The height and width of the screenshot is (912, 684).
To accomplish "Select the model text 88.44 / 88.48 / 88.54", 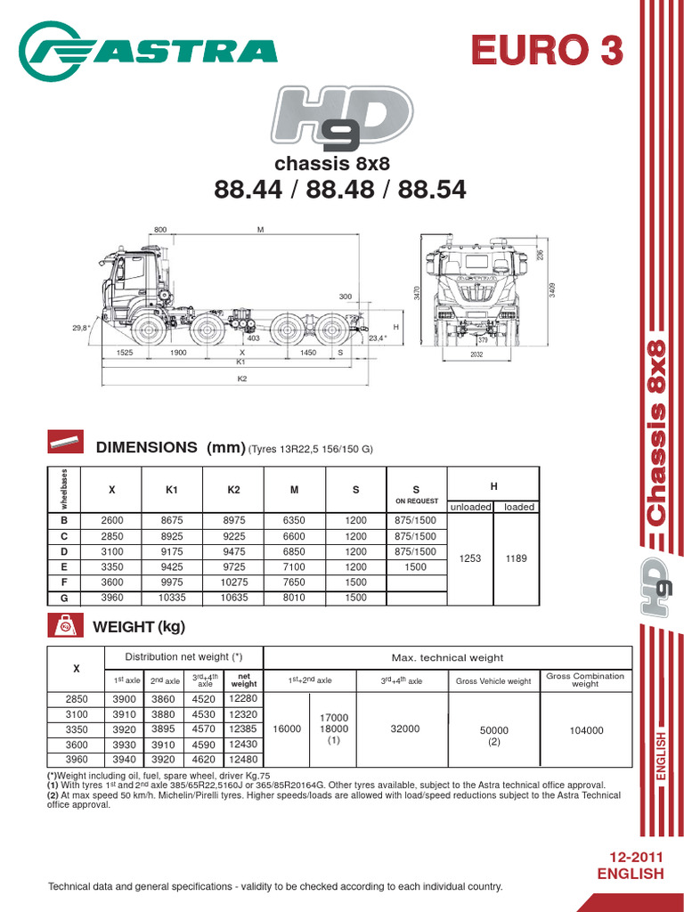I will pyautogui.click(x=339, y=190).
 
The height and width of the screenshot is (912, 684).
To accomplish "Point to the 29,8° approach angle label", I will pyautogui.click(x=81, y=328).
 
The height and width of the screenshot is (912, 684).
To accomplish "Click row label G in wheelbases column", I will pyautogui.click(x=63, y=598).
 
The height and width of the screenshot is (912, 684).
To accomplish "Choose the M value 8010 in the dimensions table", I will pyautogui.click(x=294, y=598).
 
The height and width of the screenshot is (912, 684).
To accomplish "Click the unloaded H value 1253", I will pyautogui.click(x=470, y=558).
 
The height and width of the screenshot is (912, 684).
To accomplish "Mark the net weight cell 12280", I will pyautogui.click(x=243, y=699).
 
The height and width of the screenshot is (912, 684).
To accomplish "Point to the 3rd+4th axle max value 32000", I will pyautogui.click(x=404, y=729).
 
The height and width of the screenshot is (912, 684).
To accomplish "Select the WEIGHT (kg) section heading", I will pyautogui.click(x=139, y=627).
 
